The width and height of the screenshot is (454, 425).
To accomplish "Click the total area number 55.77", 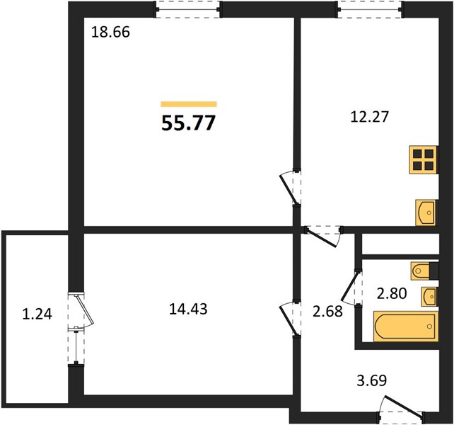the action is pyautogui.click(x=189, y=123).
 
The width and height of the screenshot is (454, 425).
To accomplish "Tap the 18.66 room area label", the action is pyautogui.click(x=110, y=32).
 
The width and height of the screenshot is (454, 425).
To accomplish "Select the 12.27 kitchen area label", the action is pyautogui.click(x=369, y=117).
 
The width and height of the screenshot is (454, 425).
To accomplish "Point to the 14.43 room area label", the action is pyautogui.click(x=188, y=309).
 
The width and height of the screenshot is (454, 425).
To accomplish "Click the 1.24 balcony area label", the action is pyautogui.click(x=37, y=314).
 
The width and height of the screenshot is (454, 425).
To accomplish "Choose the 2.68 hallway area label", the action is pyautogui.click(x=327, y=312).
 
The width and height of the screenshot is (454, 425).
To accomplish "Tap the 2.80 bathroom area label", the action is pyautogui.click(x=392, y=293).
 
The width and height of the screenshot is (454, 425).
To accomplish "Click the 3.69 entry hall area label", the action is pyautogui.click(x=372, y=380).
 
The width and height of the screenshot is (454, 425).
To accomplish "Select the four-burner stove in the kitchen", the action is pyautogui.click(x=424, y=160).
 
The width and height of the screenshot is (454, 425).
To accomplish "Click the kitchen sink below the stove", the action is pyautogui.click(x=426, y=212).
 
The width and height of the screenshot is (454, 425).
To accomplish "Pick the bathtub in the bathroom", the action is pyautogui.click(x=406, y=326).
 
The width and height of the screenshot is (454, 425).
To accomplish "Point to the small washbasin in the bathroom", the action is pyautogui.click(x=429, y=296).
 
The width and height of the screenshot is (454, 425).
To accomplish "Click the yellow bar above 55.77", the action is pyautogui.click(x=189, y=104).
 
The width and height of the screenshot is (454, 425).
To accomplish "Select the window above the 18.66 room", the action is pyautogui.click(x=187, y=9).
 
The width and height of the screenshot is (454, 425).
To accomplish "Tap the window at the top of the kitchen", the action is pyautogui.click(x=370, y=9).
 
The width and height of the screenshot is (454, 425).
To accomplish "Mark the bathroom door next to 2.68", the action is pyautogui.click(x=351, y=287).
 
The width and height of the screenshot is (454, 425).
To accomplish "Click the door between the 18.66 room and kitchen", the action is pyautogui.click(x=290, y=188).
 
